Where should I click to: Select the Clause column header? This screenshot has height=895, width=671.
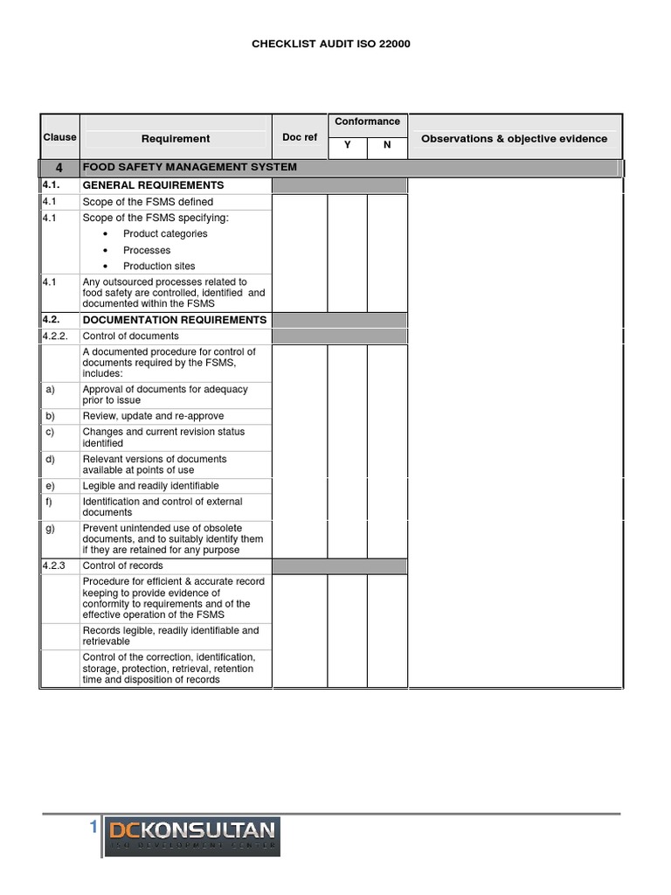[x=59, y=137]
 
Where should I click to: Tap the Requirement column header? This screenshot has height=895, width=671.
[x=176, y=138]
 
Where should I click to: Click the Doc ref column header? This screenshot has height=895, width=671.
[x=300, y=138]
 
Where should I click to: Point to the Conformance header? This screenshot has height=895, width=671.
[x=367, y=121]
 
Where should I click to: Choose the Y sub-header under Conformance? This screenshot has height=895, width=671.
[x=347, y=145]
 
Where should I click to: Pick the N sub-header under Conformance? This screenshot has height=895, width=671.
[x=386, y=145]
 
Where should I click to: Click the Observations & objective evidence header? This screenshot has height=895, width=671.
[x=514, y=138]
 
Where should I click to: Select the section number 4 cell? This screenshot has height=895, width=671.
[x=59, y=167]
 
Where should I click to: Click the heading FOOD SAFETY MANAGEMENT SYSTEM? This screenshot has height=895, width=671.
[x=190, y=167]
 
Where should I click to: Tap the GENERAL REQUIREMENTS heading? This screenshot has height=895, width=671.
[x=153, y=185]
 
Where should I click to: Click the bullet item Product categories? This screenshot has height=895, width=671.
[x=165, y=233]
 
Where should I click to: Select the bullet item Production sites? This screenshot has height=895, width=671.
[x=159, y=266]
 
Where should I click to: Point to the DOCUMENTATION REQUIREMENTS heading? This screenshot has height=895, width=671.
[x=174, y=320]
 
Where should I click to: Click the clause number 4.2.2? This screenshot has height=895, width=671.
[x=55, y=336]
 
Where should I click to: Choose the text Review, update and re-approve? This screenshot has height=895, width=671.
[x=153, y=416]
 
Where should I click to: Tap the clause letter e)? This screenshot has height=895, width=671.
[x=51, y=485]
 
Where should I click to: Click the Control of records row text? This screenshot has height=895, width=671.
[x=124, y=566]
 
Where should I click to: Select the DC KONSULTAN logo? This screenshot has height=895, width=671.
[x=192, y=836]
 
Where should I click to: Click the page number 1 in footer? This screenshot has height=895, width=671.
[x=92, y=829]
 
